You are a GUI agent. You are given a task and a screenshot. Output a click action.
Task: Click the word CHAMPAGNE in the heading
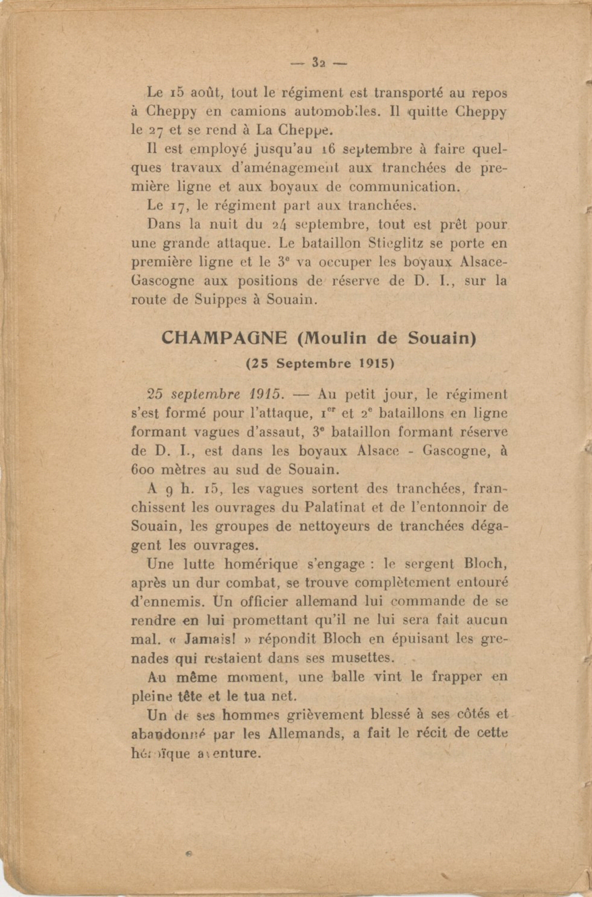[x=224, y=338]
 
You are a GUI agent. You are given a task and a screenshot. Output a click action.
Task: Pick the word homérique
[x=261, y=564]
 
